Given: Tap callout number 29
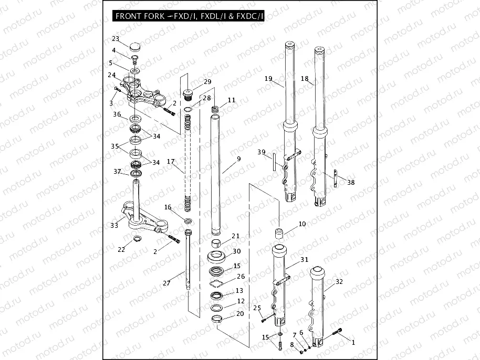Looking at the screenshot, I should click(207, 82).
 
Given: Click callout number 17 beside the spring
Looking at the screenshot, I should click(170, 161).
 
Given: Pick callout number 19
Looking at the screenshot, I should click(268, 79).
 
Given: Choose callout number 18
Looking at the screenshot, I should click(305, 79).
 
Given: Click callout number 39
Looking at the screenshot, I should click(262, 152).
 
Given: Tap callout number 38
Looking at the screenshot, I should click(351, 183).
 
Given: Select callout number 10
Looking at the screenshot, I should click(302, 224).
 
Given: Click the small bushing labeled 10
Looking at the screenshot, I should click(279, 232).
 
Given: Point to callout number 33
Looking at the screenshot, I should click(114, 226).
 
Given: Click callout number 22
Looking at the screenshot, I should click(121, 249).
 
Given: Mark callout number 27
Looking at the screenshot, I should click(166, 283).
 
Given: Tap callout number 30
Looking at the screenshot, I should click(236, 251).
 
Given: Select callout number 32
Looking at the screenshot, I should click(339, 282).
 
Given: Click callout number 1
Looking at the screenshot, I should click(353, 343).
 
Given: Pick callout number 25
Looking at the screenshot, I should click(257, 308).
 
